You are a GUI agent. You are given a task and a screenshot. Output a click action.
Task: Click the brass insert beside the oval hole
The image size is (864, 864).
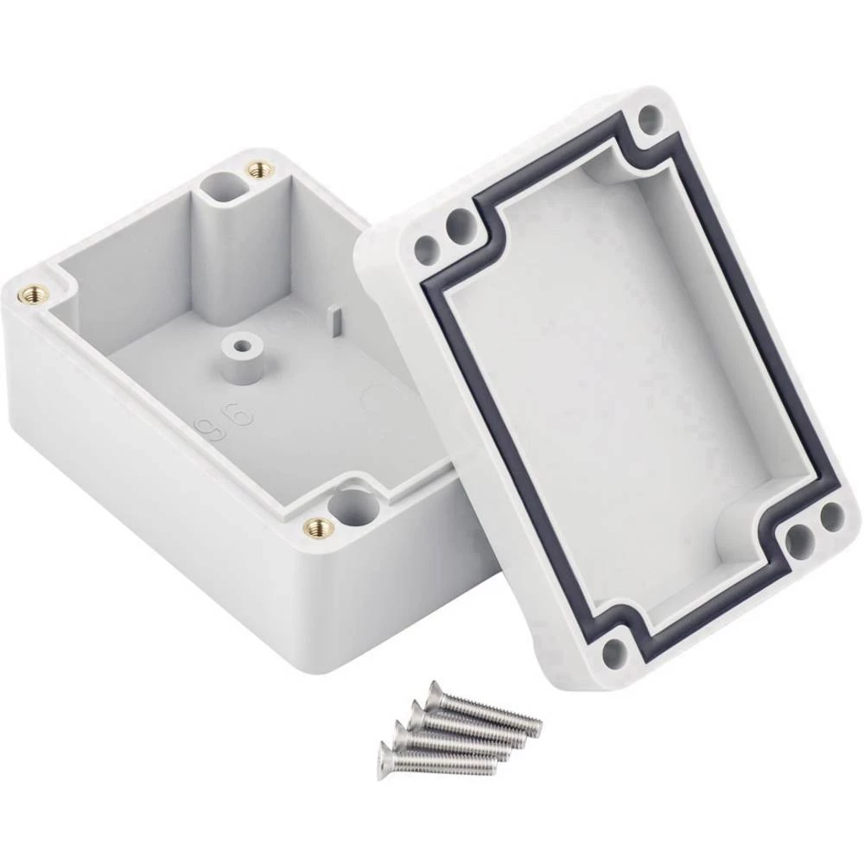[x=257, y=170]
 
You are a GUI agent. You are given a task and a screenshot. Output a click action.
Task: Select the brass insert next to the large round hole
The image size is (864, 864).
[x=318, y=525]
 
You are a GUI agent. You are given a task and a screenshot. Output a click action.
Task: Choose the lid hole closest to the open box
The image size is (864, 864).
[x=425, y=251]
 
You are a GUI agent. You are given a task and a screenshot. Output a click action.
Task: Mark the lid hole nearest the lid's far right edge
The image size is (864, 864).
[x=831, y=517]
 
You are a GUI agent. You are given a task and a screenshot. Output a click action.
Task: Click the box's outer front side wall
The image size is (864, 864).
[x=173, y=518]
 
